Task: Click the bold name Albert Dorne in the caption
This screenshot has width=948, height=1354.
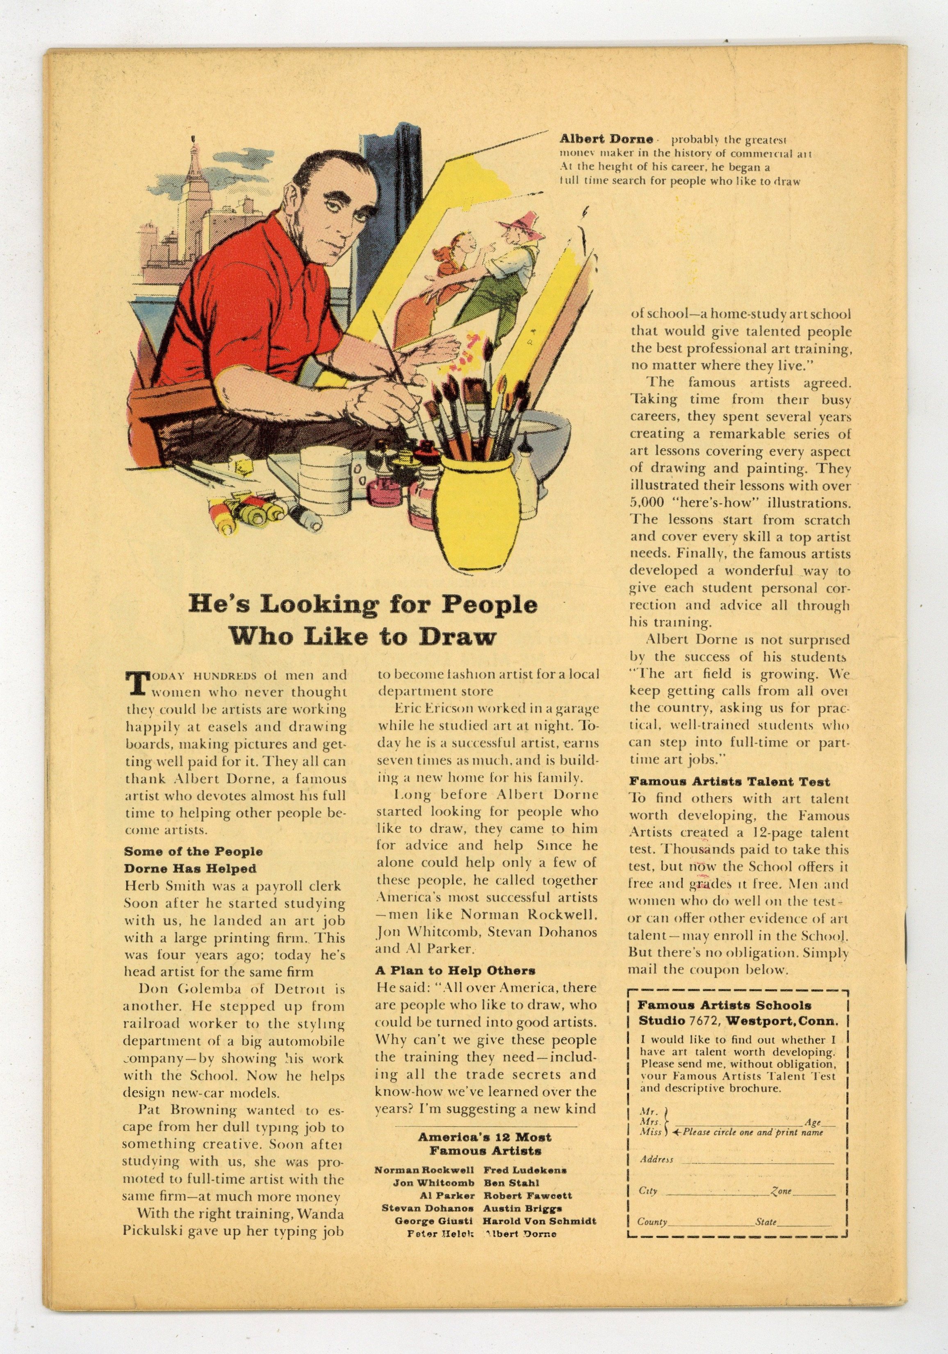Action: click(606, 140)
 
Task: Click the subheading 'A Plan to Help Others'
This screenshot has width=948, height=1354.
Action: click(456, 970)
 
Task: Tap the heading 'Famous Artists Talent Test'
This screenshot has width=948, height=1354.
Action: click(729, 782)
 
